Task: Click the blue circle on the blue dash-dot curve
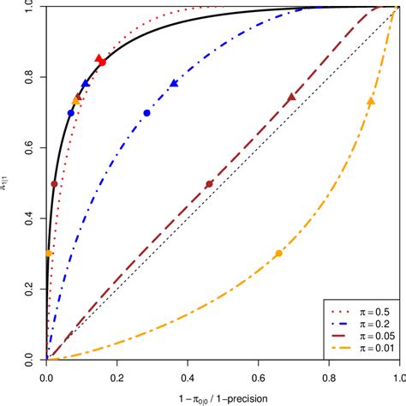146,113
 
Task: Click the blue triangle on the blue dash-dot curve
174,83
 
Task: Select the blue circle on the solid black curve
71,113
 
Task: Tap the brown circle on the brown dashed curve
209,184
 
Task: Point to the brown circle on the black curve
54,184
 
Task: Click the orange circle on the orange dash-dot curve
278,254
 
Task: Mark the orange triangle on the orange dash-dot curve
371,101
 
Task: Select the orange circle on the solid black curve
49,254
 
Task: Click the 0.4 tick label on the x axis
188,375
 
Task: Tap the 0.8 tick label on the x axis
329,375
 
